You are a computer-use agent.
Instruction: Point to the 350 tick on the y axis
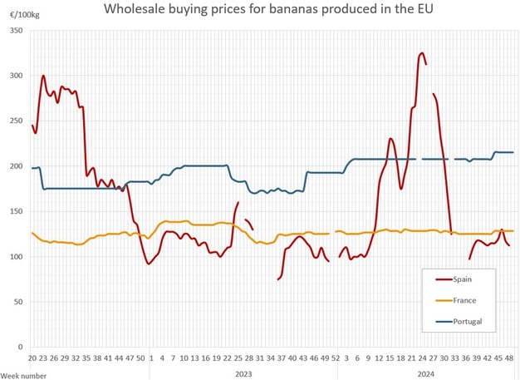coord(17,30)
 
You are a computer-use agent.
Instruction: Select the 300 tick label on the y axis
coord(17,76)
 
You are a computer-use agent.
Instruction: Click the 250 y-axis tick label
coord(17,121)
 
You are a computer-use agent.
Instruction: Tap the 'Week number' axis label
coord(23,375)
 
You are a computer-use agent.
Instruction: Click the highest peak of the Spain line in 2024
coord(422,53)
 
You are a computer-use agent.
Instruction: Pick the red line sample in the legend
coord(436,280)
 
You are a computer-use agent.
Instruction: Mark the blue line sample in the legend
coord(436,321)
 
